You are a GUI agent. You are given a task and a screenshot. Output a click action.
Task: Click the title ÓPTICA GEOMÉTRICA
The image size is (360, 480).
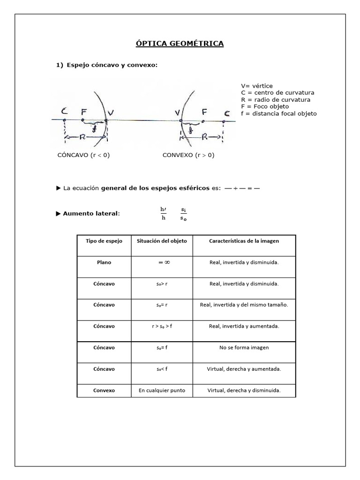tap(180, 44)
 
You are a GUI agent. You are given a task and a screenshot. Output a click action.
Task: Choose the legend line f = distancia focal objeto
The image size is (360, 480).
tap(278, 113)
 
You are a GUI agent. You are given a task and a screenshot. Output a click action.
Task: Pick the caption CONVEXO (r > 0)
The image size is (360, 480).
tap(188, 156)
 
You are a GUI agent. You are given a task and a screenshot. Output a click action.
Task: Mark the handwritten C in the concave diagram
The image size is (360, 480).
tap(64, 112)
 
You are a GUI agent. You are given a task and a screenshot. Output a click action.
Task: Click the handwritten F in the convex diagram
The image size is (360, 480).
tap(204, 112)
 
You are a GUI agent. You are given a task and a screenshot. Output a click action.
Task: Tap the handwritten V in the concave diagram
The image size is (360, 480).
tap(110, 112)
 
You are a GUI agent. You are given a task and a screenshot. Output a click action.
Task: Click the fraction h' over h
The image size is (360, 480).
tap(163, 213)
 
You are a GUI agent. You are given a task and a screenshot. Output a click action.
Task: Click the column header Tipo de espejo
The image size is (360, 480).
tap(104, 241)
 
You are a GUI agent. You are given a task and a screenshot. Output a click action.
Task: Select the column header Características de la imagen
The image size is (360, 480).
tap(244, 241)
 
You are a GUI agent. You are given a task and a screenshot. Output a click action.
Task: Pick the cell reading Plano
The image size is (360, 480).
tap(104, 262)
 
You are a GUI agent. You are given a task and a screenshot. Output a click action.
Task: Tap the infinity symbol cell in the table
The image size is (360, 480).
tap(162, 262)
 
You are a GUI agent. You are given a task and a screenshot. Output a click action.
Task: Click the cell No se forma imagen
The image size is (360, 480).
tap(244, 348)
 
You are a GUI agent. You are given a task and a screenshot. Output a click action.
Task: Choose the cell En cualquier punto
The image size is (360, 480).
tap(162, 390)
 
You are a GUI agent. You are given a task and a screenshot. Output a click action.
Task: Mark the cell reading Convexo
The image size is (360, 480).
tap(104, 390)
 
